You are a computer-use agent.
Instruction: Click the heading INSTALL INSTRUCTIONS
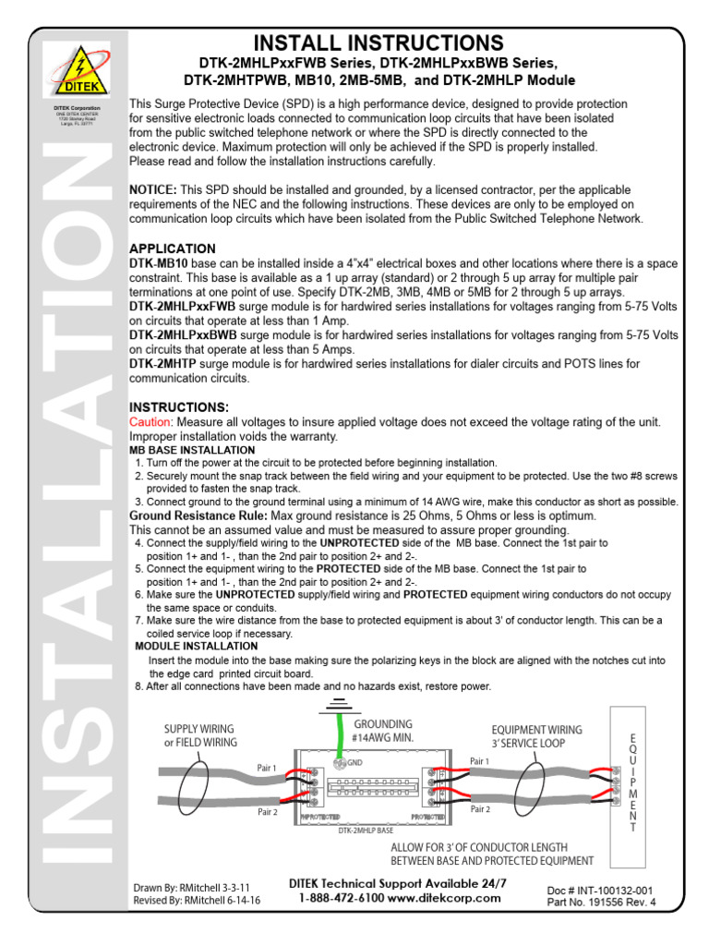click(379, 42)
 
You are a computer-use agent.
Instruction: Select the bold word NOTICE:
click(152, 189)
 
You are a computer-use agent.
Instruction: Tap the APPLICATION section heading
click(172, 249)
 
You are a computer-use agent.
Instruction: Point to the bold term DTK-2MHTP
click(162, 365)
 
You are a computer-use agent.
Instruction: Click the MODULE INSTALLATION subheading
click(197, 646)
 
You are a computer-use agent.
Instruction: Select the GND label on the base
click(354, 763)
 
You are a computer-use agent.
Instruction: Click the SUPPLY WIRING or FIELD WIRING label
click(200, 735)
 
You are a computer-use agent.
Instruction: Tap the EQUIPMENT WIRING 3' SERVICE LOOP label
click(537, 735)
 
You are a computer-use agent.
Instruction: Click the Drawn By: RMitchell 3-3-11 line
click(191, 887)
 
